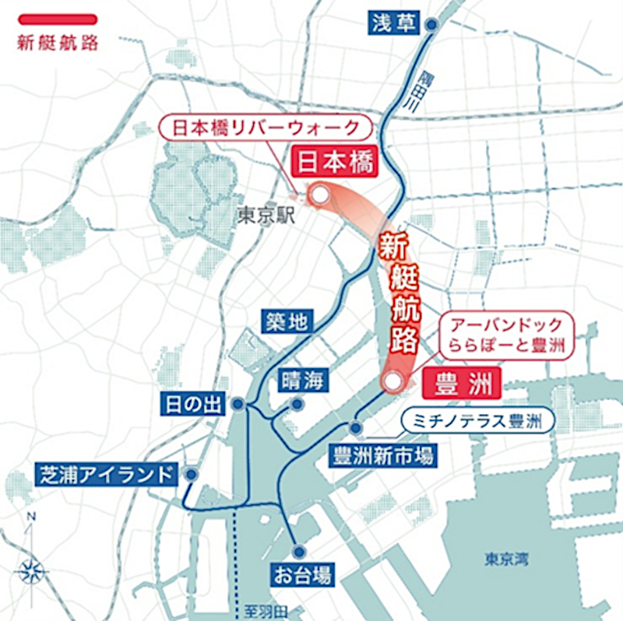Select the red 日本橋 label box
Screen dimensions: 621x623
pos(334,163)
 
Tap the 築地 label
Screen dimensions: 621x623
pos(285,321)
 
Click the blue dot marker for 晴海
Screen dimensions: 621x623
pos(297,405)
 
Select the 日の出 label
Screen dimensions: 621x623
pos(195,405)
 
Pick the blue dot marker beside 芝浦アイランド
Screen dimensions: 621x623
pos(191,474)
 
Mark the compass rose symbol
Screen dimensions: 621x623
pos(31,571)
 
